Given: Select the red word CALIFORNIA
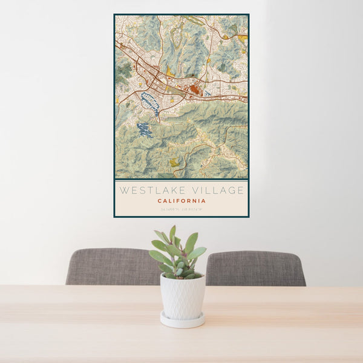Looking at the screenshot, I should tap(181, 201).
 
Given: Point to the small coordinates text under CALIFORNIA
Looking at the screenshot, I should tap(181, 209).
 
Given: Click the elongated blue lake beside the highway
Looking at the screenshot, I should tap(150, 103).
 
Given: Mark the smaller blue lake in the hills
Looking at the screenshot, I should tap(145, 129).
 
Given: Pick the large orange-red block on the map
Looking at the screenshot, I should tap(195, 90).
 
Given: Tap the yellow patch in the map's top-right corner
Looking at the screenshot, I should tap(243, 38).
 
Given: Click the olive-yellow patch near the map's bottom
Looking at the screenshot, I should tap(174, 162).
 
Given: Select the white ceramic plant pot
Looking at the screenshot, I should tap(182, 296).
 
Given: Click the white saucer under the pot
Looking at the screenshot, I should tap(182, 320).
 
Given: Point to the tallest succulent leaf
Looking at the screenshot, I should tap(172, 233).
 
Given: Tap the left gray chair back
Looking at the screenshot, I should tap(112, 266).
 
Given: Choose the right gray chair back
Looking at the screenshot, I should tap(255, 268).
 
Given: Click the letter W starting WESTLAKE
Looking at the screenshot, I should tap(123, 190).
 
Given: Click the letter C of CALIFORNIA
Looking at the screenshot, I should tap(159, 201).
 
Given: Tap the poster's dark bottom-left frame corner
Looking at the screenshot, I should tap(115, 216).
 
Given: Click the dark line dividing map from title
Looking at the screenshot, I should tap(181, 180).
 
